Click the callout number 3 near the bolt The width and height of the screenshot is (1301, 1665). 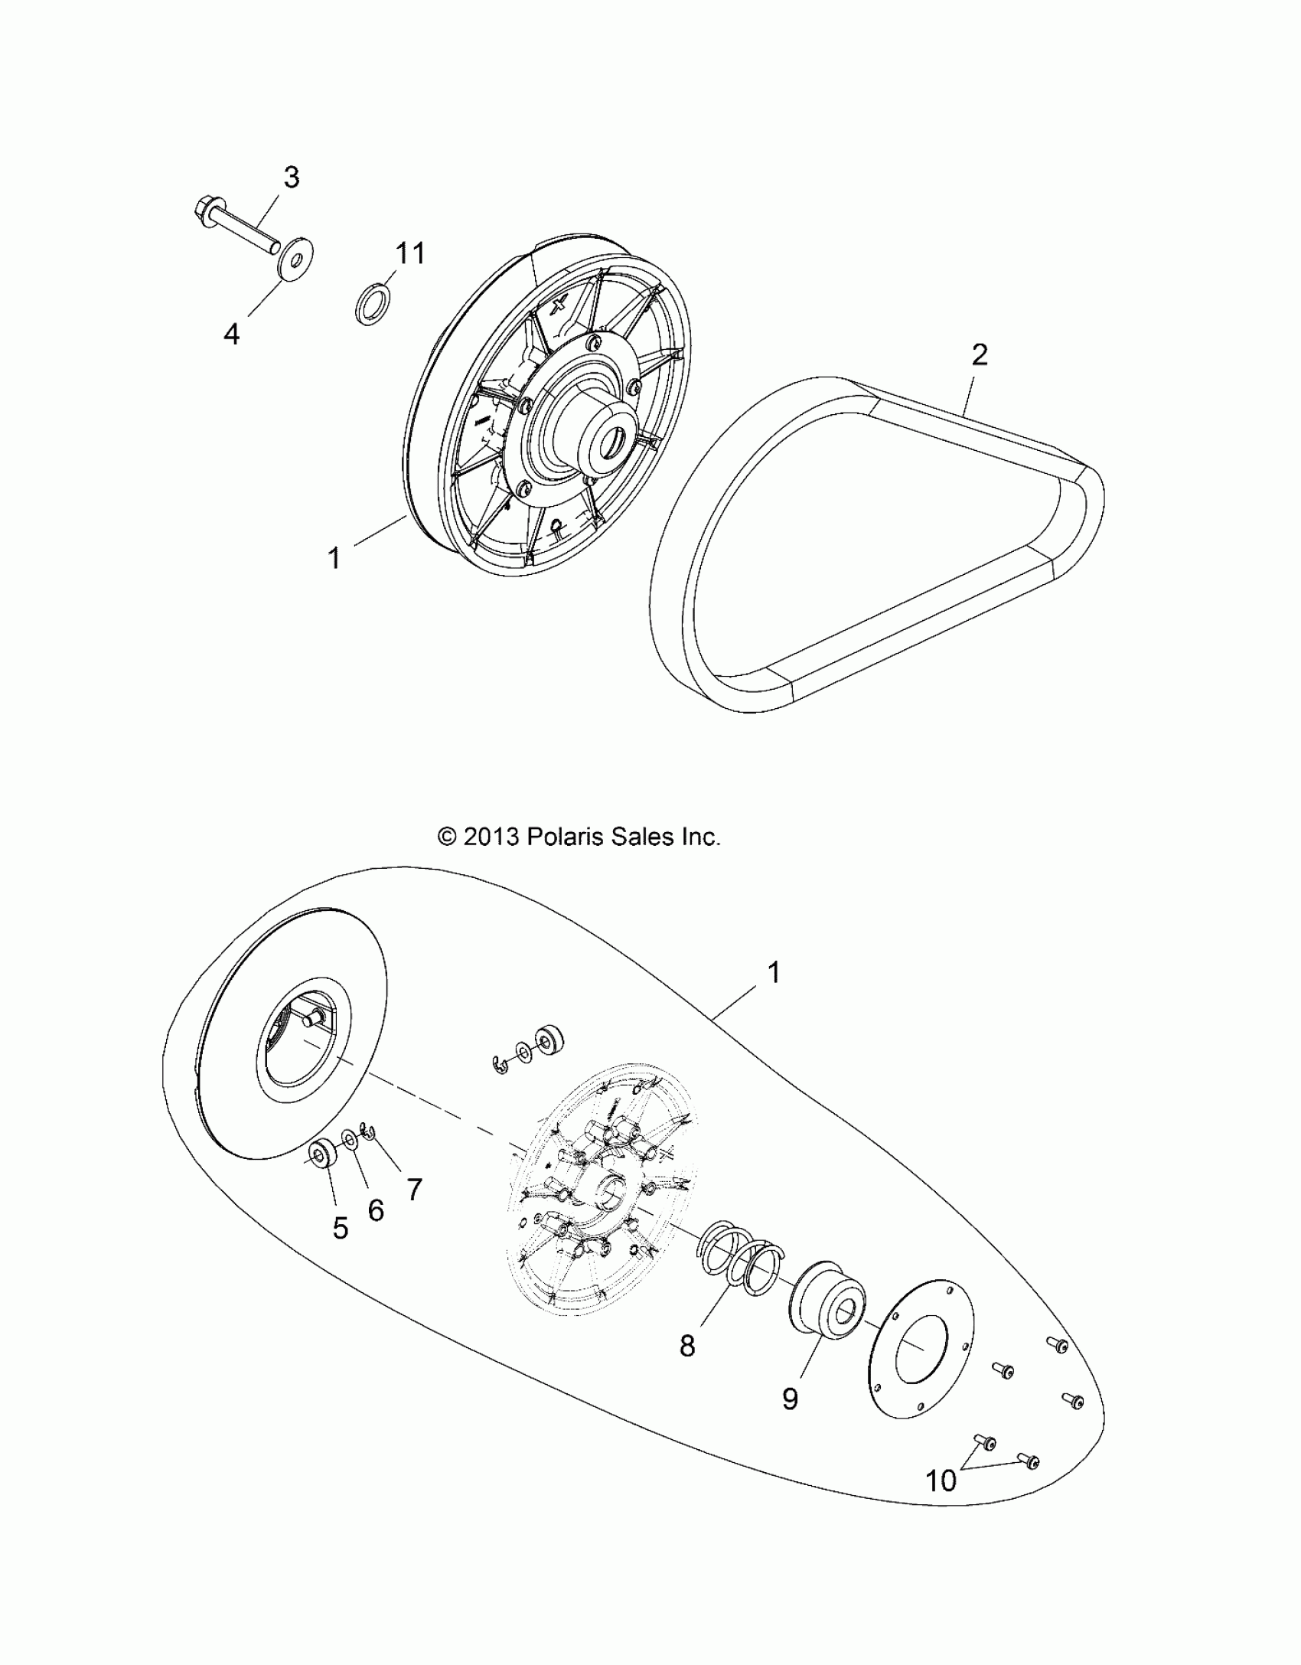(x=291, y=178)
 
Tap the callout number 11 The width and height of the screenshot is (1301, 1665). (x=409, y=253)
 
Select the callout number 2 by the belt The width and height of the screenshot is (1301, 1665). (x=979, y=354)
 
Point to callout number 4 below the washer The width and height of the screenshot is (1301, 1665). (x=231, y=334)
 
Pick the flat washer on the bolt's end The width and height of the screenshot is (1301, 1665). (x=295, y=260)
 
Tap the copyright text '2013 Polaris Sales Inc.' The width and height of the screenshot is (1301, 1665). (x=579, y=837)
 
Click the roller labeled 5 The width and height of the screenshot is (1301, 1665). (x=321, y=1175)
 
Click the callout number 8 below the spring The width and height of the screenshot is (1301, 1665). (x=687, y=1345)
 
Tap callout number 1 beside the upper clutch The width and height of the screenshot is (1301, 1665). (x=334, y=557)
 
